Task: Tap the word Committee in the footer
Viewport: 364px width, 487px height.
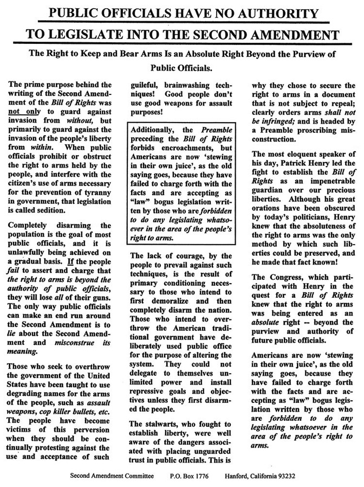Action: (x=136, y=476)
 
